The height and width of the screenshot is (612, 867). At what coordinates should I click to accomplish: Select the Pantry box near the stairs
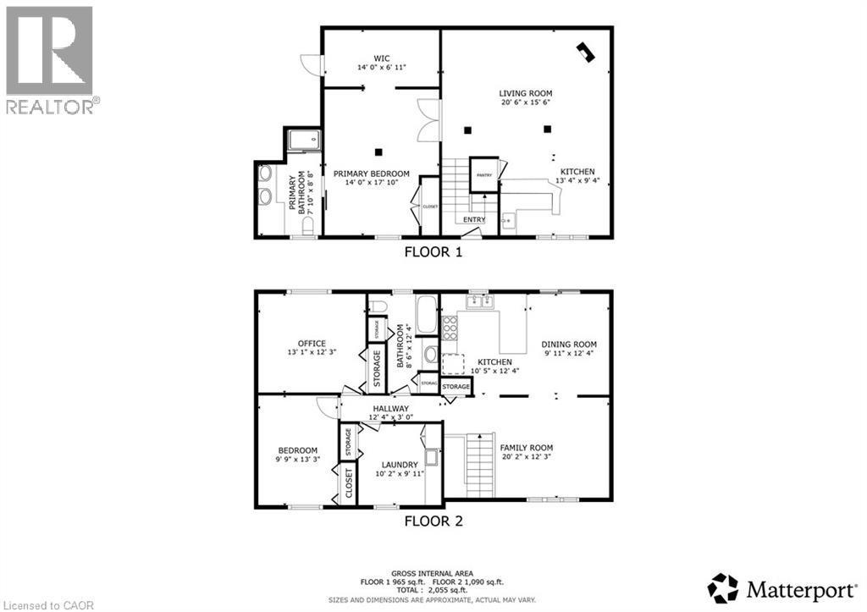483,174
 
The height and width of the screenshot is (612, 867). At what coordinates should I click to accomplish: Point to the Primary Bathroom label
298,194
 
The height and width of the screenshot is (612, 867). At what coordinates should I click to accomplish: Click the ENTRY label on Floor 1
474,220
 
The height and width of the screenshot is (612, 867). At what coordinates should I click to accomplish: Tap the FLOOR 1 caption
433,251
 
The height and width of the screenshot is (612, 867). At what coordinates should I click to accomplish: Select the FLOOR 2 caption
433,521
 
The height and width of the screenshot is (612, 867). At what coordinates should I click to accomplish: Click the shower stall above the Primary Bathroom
302,141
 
